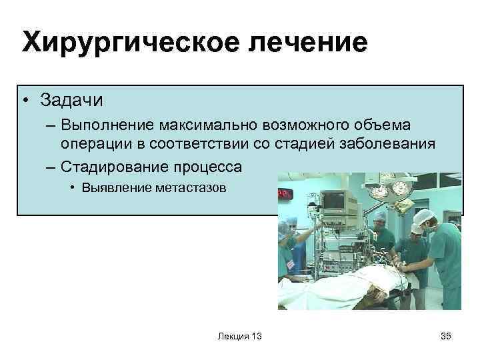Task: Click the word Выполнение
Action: [105, 125]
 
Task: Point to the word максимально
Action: [204, 125]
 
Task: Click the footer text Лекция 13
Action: [239, 337]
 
